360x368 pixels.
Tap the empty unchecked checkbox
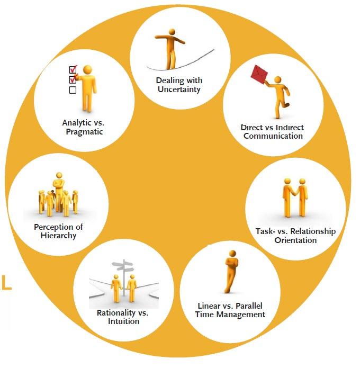[x=73, y=90]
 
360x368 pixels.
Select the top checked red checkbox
[x=73, y=69]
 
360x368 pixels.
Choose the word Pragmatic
[x=82, y=132]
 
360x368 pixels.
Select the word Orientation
[x=295, y=240]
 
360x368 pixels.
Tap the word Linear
[x=209, y=306]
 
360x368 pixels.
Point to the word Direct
[x=251, y=128]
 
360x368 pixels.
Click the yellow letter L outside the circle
[x=6, y=283]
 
